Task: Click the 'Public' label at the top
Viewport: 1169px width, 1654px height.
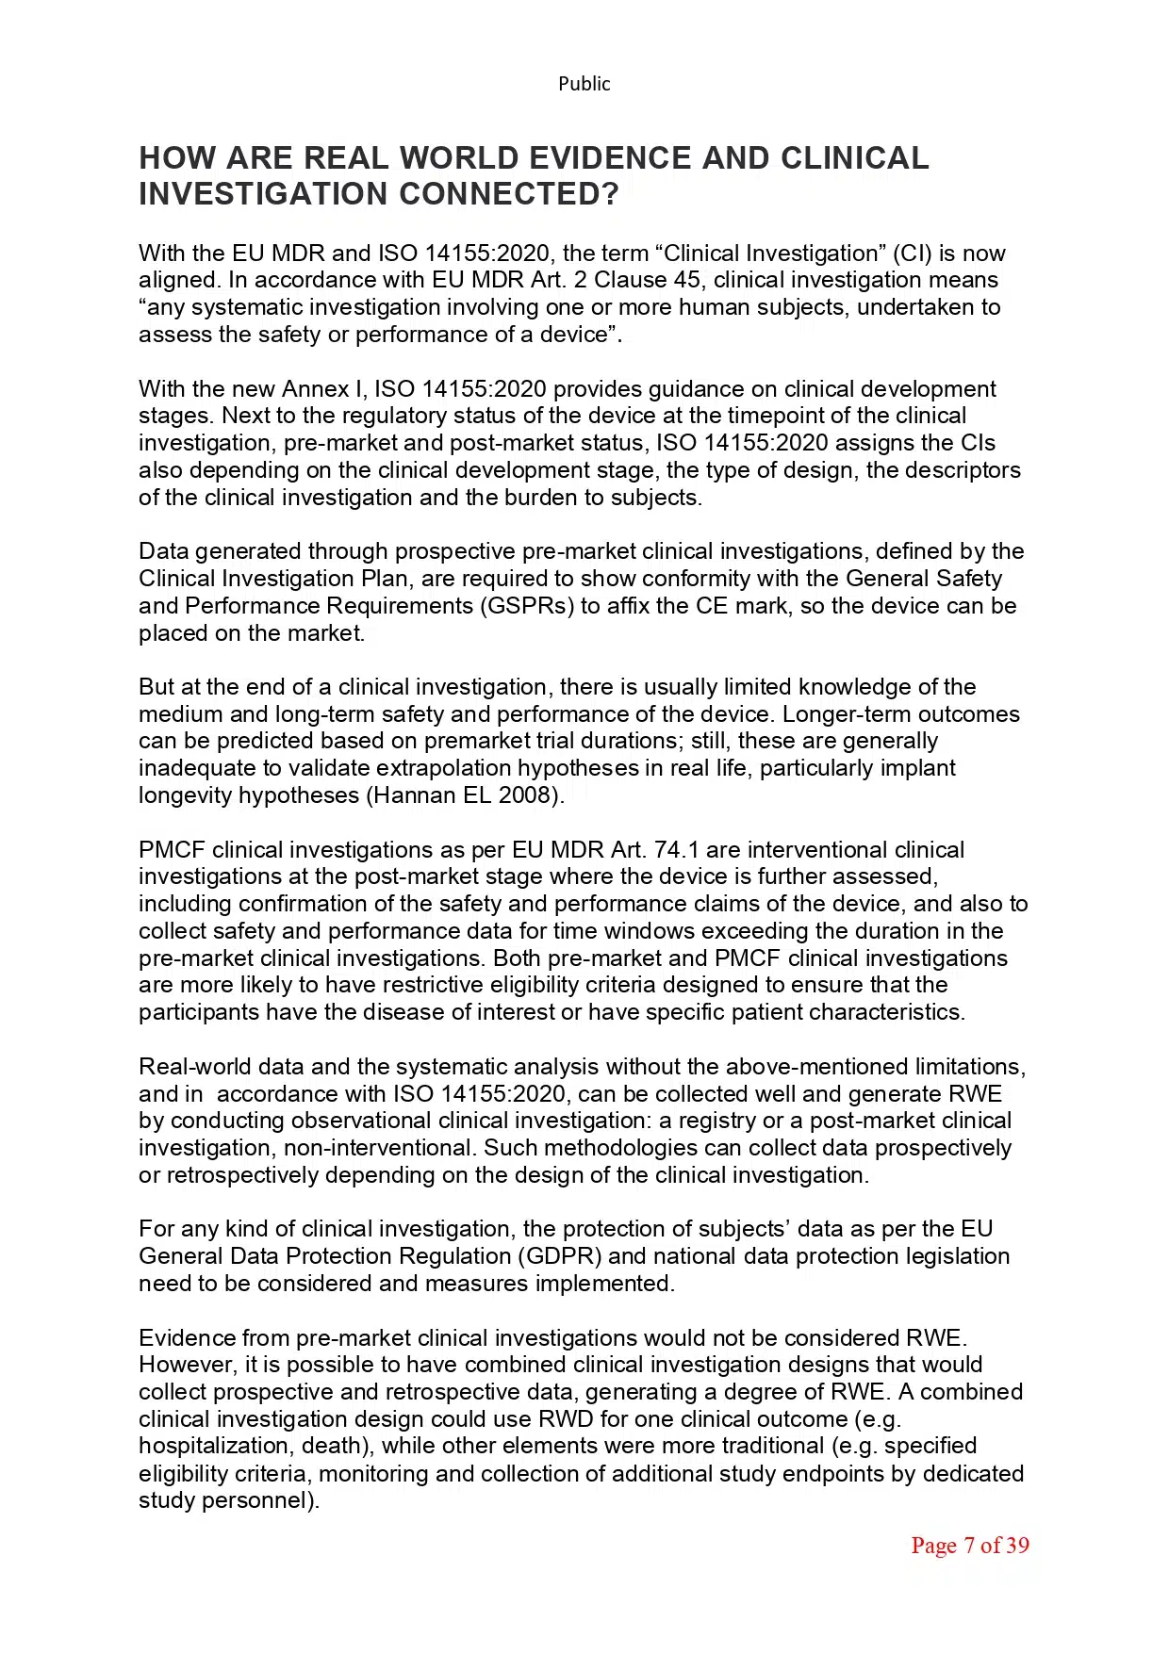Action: (x=584, y=84)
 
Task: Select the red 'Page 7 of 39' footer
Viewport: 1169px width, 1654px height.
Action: (x=969, y=1545)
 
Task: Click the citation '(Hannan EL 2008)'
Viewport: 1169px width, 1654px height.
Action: (x=465, y=794)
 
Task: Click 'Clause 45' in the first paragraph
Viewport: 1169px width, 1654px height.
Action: (x=650, y=280)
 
